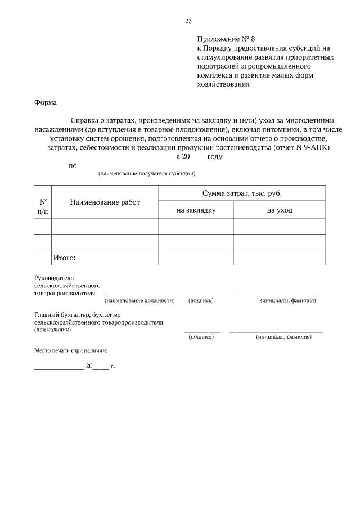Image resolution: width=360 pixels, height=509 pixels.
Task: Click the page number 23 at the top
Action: tap(188, 21)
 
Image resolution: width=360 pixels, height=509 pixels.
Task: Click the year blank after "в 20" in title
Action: tap(199, 157)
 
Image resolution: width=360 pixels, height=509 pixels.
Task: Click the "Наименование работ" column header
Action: tap(105, 202)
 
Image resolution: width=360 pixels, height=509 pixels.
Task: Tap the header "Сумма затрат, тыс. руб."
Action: tap(242, 193)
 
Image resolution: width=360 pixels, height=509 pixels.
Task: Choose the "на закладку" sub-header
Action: tap(196, 210)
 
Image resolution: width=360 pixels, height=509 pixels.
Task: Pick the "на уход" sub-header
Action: tap(279, 210)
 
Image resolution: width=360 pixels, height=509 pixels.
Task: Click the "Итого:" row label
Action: tap(64, 258)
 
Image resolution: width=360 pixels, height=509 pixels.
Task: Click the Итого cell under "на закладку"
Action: tap(196, 258)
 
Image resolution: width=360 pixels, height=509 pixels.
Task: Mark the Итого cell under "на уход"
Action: tap(279, 258)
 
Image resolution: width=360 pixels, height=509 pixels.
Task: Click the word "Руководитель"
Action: tap(54, 278)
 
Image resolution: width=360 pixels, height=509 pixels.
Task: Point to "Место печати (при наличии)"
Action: tap(71, 350)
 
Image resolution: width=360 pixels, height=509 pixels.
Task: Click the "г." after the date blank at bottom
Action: tap(112, 366)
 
